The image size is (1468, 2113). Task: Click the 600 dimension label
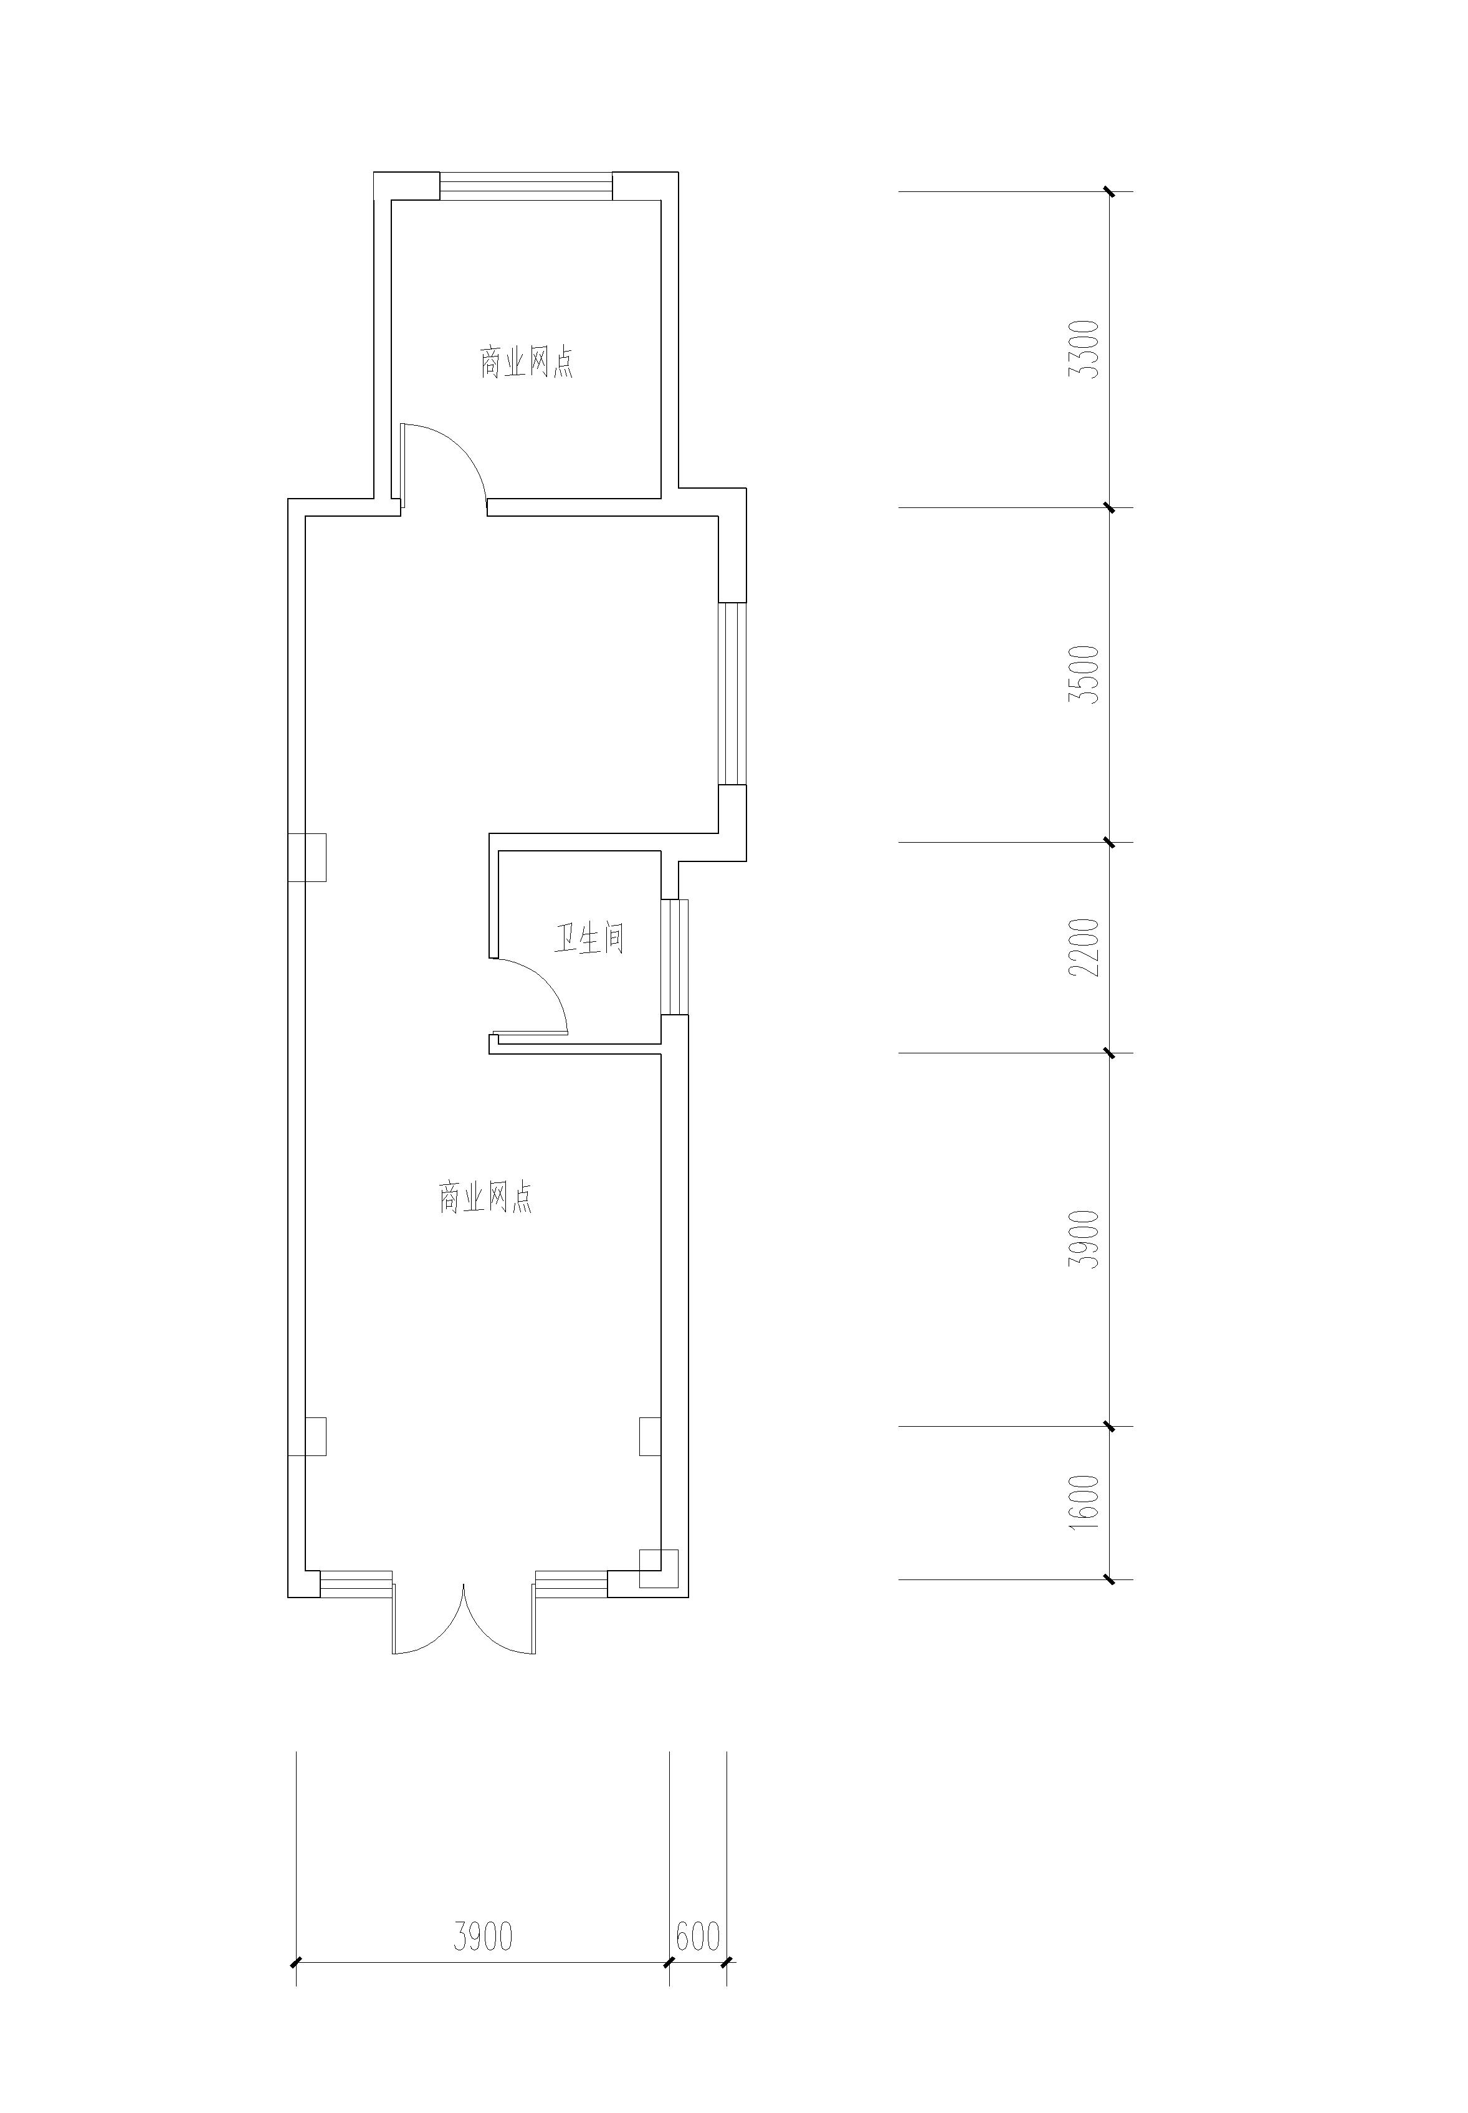(x=697, y=1935)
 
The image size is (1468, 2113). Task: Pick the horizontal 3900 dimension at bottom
(x=483, y=1935)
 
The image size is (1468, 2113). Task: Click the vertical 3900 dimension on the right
(x=1088, y=1239)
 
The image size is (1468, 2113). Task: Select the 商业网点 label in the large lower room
(x=485, y=1198)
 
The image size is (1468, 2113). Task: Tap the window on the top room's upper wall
(x=525, y=186)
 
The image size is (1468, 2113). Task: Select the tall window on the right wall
(x=732, y=694)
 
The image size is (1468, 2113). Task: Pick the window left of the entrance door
(x=355, y=1584)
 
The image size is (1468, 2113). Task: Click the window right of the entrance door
(x=571, y=1584)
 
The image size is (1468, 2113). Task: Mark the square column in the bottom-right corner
(x=659, y=1568)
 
